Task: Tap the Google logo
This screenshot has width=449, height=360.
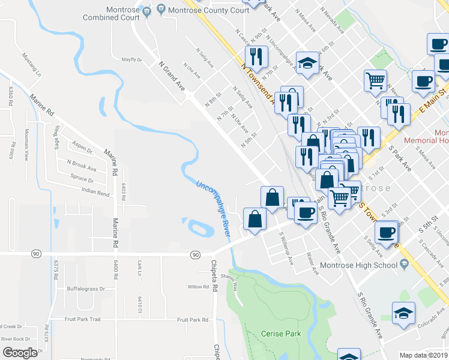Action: [x=20, y=353]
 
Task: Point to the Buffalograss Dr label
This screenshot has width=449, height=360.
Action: [x=86, y=289]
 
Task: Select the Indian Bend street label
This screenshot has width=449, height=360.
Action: [x=95, y=194]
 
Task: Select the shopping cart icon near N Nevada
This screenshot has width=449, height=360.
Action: [x=375, y=80]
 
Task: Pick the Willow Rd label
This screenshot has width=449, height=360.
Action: [x=197, y=287]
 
